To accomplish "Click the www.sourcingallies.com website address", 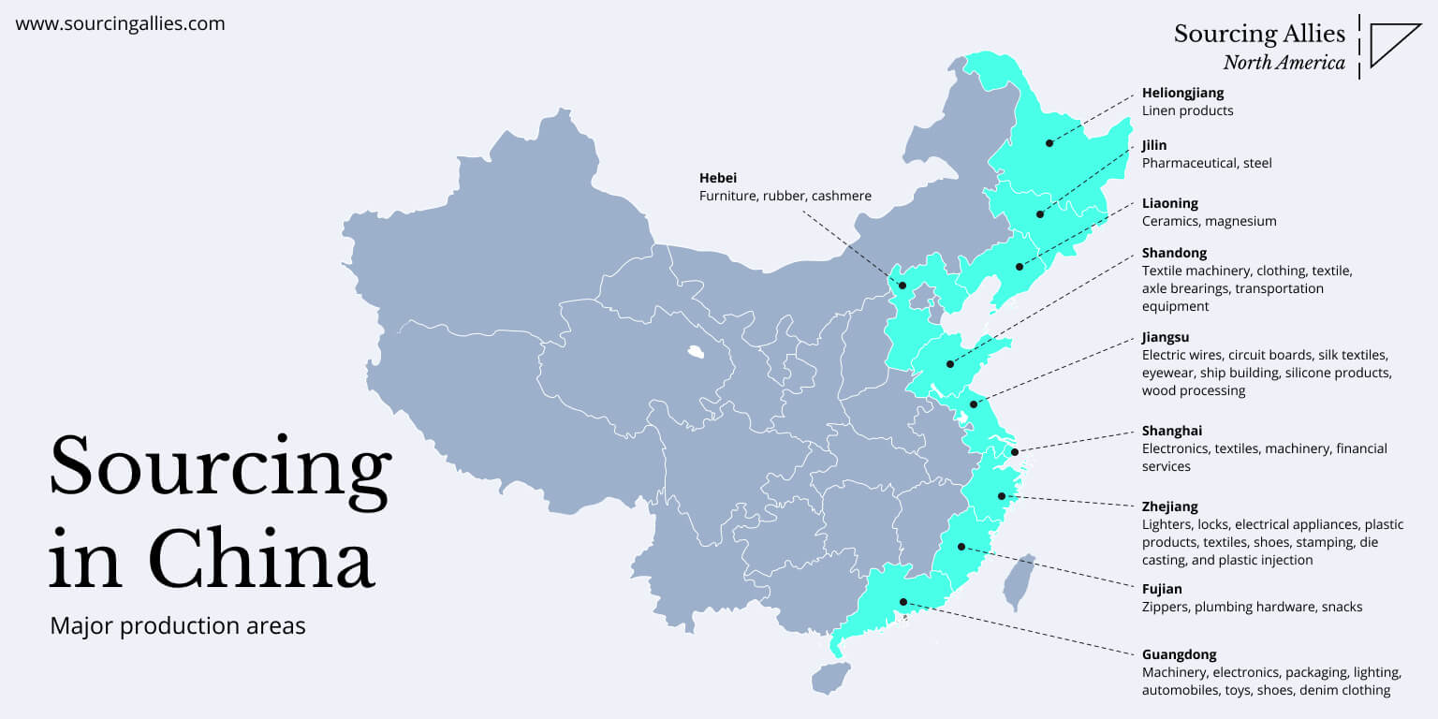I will point(120,24).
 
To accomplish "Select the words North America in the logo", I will point(1284,64).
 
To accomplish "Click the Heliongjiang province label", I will point(1182,93).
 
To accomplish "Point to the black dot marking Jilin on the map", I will point(1040,214).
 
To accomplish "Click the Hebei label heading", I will point(718,178).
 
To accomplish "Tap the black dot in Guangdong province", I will point(903,602).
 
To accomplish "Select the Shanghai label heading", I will point(1171,431).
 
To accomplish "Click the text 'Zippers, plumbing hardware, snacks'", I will point(1252,607).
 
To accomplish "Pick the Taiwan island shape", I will point(1019,581).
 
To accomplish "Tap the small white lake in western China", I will point(695,353).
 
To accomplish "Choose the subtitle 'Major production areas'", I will point(178,625).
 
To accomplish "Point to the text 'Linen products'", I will point(1187,110).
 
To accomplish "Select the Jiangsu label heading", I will point(1165,337).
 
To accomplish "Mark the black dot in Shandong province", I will point(949,364).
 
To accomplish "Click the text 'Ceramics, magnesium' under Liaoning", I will point(1209,221).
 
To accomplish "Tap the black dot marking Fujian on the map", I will point(961,547).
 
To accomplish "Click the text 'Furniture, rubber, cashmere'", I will point(785,196).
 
